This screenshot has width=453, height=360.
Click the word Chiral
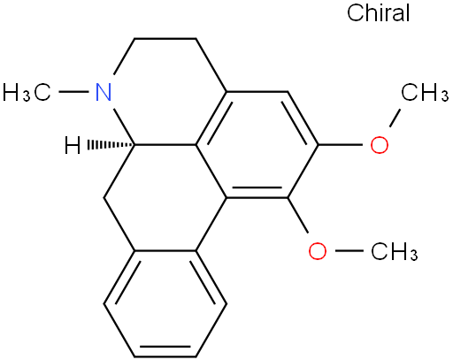379,12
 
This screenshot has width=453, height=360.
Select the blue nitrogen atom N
104,92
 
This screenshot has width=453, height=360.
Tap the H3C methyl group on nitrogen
27,92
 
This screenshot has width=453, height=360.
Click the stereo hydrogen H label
73,145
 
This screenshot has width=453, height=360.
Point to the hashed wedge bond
111,145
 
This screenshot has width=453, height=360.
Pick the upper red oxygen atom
380,145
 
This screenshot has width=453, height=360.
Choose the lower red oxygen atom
318,251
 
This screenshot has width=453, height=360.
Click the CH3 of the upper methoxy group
425,92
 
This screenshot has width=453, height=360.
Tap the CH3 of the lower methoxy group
395,251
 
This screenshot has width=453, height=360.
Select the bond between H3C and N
73,92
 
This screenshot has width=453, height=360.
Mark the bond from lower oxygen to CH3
349,251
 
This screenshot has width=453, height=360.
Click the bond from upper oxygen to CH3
395,118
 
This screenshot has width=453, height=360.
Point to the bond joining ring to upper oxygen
341,145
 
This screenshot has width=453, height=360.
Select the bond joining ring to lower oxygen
298,215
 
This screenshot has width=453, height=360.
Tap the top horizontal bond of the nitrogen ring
165,38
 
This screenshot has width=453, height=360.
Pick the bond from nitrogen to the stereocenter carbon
125,126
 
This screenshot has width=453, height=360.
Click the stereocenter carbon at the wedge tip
135,145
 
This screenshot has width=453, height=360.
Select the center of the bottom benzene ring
165,304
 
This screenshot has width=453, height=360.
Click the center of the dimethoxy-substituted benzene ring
257,145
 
